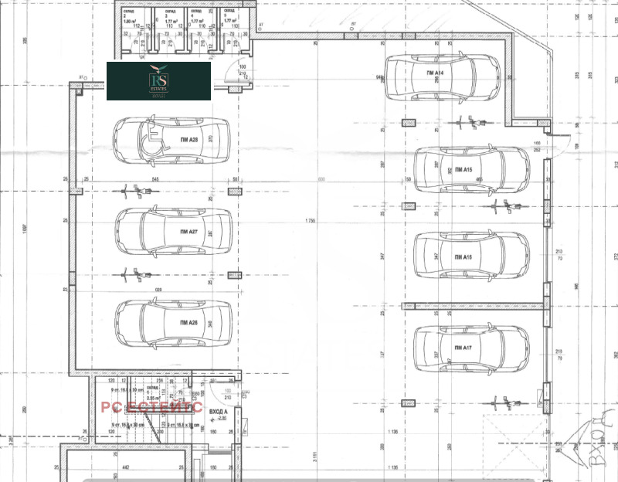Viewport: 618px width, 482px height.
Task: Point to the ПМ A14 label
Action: point(433,73)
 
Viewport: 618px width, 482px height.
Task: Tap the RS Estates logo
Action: point(158,80)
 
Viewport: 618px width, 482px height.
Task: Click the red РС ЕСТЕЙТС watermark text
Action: point(151,407)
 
